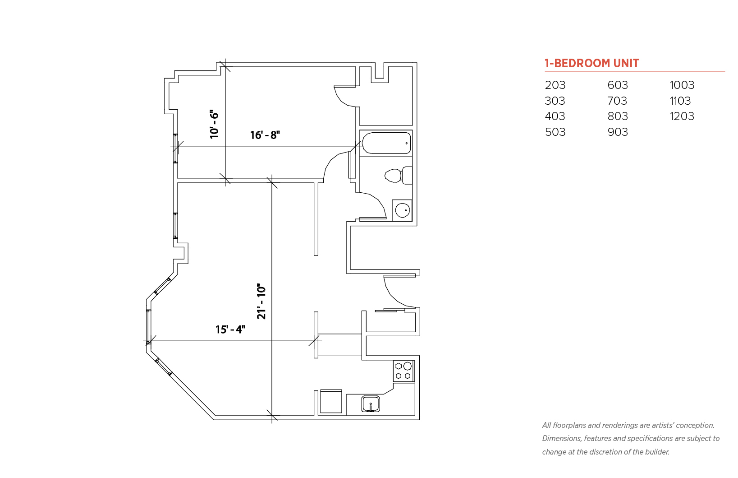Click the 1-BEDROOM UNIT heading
click(x=592, y=63)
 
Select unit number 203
click(x=555, y=85)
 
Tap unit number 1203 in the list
click(x=682, y=116)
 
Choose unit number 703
click(x=617, y=101)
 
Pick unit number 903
click(x=618, y=132)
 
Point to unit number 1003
click(x=682, y=85)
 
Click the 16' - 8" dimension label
click(x=265, y=135)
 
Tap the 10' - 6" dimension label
click(x=214, y=124)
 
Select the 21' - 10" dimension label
click(x=261, y=301)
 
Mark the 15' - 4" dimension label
click(x=230, y=329)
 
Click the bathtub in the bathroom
click(x=386, y=143)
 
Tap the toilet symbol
click(x=399, y=175)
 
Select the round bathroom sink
click(x=402, y=210)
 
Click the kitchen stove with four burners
click(x=403, y=371)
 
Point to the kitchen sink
click(x=371, y=404)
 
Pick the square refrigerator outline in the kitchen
click(x=331, y=401)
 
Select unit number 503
click(x=555, y=132)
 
